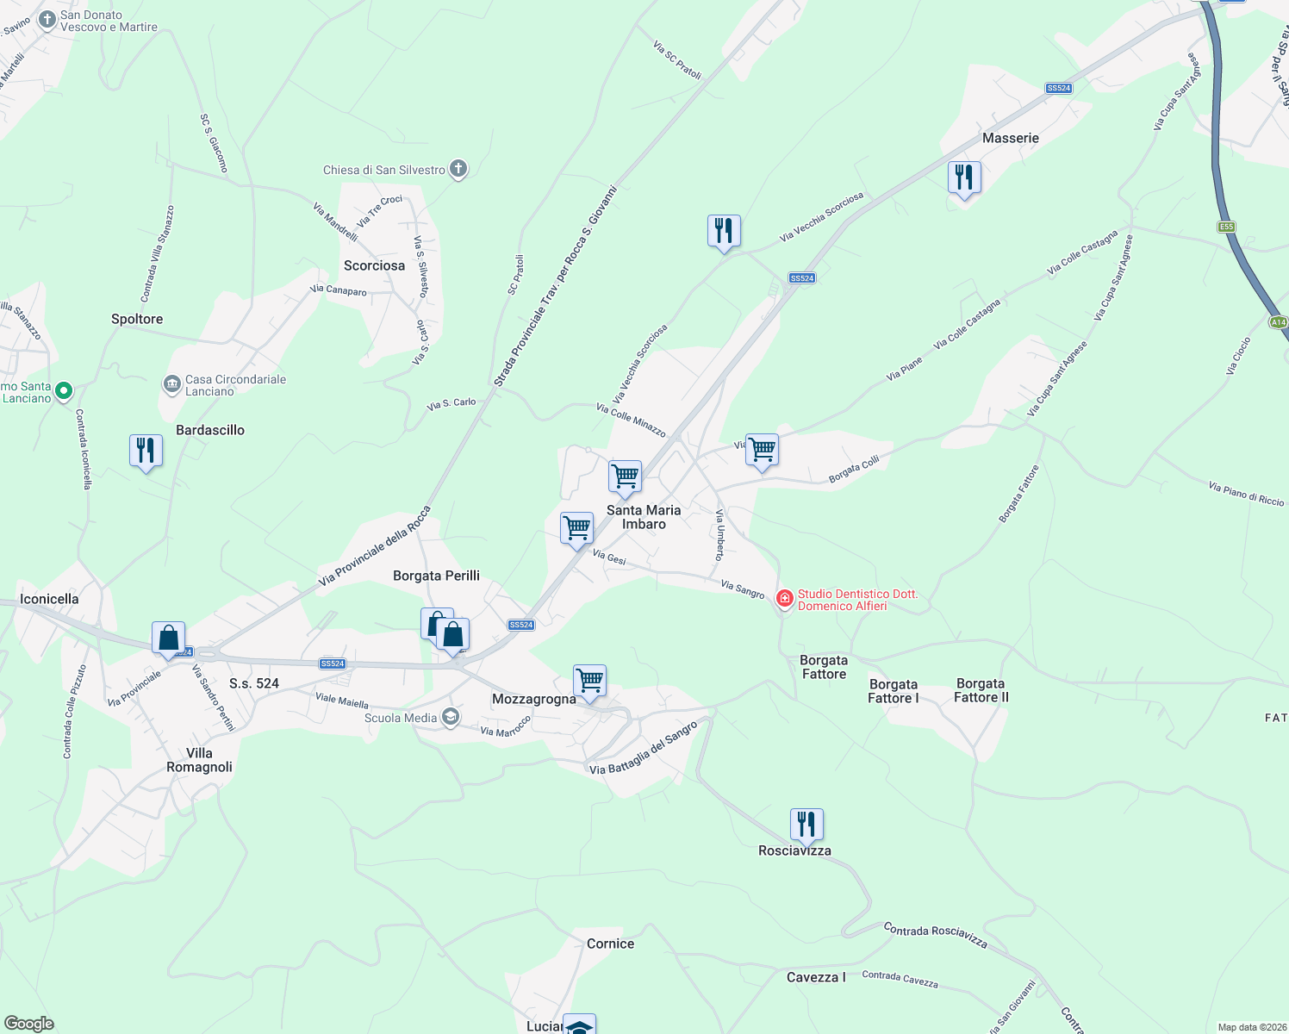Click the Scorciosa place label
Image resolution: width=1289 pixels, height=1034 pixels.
pyautogui.click(x=374, y=265)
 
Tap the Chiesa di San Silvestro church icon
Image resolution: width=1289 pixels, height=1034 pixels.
pyautogui.click(x=458, y=169)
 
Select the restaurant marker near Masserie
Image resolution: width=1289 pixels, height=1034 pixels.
pyautogui.click(x=964, y=178)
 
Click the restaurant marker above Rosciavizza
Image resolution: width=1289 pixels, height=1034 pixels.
pyautogui.click(x=806, y=825)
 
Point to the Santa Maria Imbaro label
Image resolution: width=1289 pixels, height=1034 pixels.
pyautogui.click(x=644, y=517)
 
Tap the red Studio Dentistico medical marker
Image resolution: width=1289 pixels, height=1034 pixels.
pyautogui.click(x=784, y=598)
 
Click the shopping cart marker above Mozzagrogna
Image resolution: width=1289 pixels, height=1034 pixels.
pyautogui.click(x=589, y=681)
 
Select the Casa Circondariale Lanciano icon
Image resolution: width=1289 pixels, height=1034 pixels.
pyautogui.click(x=172, y=383)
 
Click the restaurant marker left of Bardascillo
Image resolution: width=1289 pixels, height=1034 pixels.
pyautogui.click(x=146, y=451)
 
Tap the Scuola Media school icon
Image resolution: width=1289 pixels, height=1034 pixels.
pyautogui.click(x=450, y=717)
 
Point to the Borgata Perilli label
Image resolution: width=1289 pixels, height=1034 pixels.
pyautogui.click(x=436, y=576)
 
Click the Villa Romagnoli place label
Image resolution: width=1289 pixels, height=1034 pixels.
pyautogui.click(x=199, y=760)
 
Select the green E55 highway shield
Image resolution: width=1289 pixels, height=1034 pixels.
pyautogui.click(x=1226, y=227)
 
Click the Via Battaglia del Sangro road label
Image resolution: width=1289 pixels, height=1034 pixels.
pyautogui.click(x=644, y=749)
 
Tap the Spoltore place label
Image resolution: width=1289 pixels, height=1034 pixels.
pyautogui.click(x=137, y=319)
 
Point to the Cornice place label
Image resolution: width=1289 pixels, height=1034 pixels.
pyautogui.click(x=610, y=944)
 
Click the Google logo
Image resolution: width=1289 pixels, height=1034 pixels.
pyautogui.click(x=28, y=1023)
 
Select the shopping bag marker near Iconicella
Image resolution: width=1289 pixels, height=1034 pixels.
pyautogui.click(x=169, y=638)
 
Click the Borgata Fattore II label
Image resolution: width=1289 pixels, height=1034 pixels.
pyautogui.click(x=981, y=690)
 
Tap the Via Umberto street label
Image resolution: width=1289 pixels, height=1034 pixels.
pyautogui.click(x=719, y=534)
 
